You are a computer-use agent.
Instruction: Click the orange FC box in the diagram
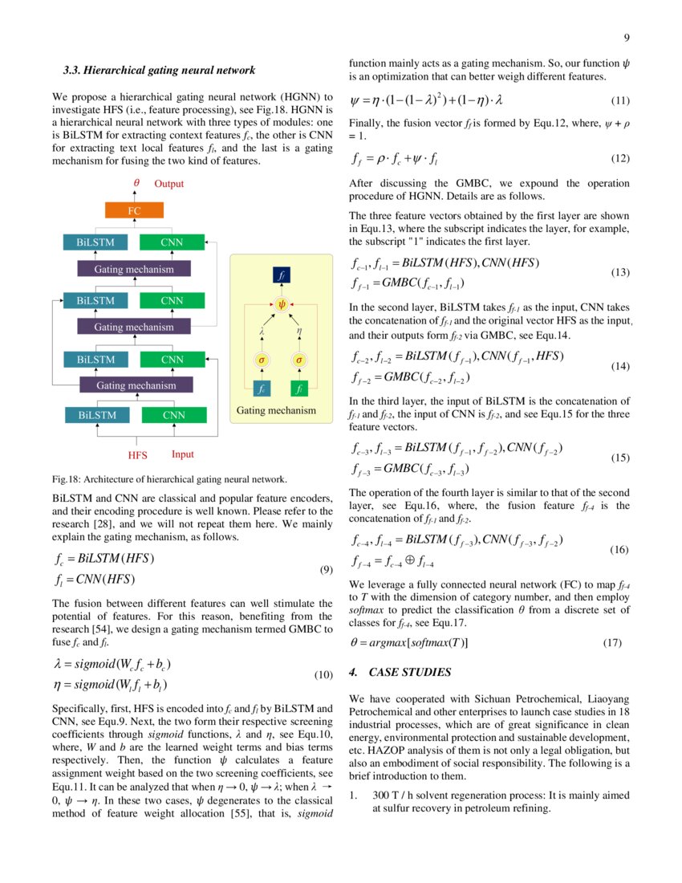tap(135, 211)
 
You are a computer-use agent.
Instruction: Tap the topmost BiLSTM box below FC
tap(95, 242)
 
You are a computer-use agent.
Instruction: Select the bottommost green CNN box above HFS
tap(173, 415)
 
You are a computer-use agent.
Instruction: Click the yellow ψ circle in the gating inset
tap(281, 304)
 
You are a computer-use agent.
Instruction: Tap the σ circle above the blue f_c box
tap(262, 360)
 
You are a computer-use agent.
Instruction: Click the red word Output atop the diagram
tap(168, 184)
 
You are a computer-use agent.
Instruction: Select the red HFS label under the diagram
tap(137, 455)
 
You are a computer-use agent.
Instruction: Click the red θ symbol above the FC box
tap(136, 184)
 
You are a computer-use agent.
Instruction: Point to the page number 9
tap(627, 37)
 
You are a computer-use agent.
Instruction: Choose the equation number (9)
tap(326, 570)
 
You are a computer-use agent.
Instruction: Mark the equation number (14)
tap(620, 366)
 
